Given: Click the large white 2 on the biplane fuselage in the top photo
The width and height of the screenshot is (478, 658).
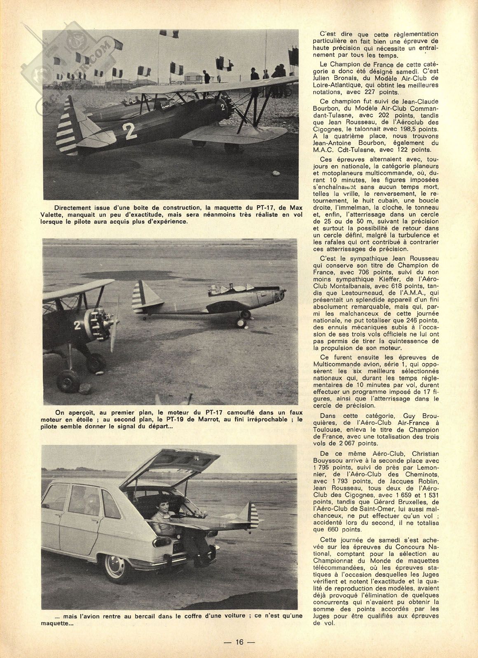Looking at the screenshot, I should [129, 131].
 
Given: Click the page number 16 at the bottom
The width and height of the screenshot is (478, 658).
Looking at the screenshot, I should [239, 642].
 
